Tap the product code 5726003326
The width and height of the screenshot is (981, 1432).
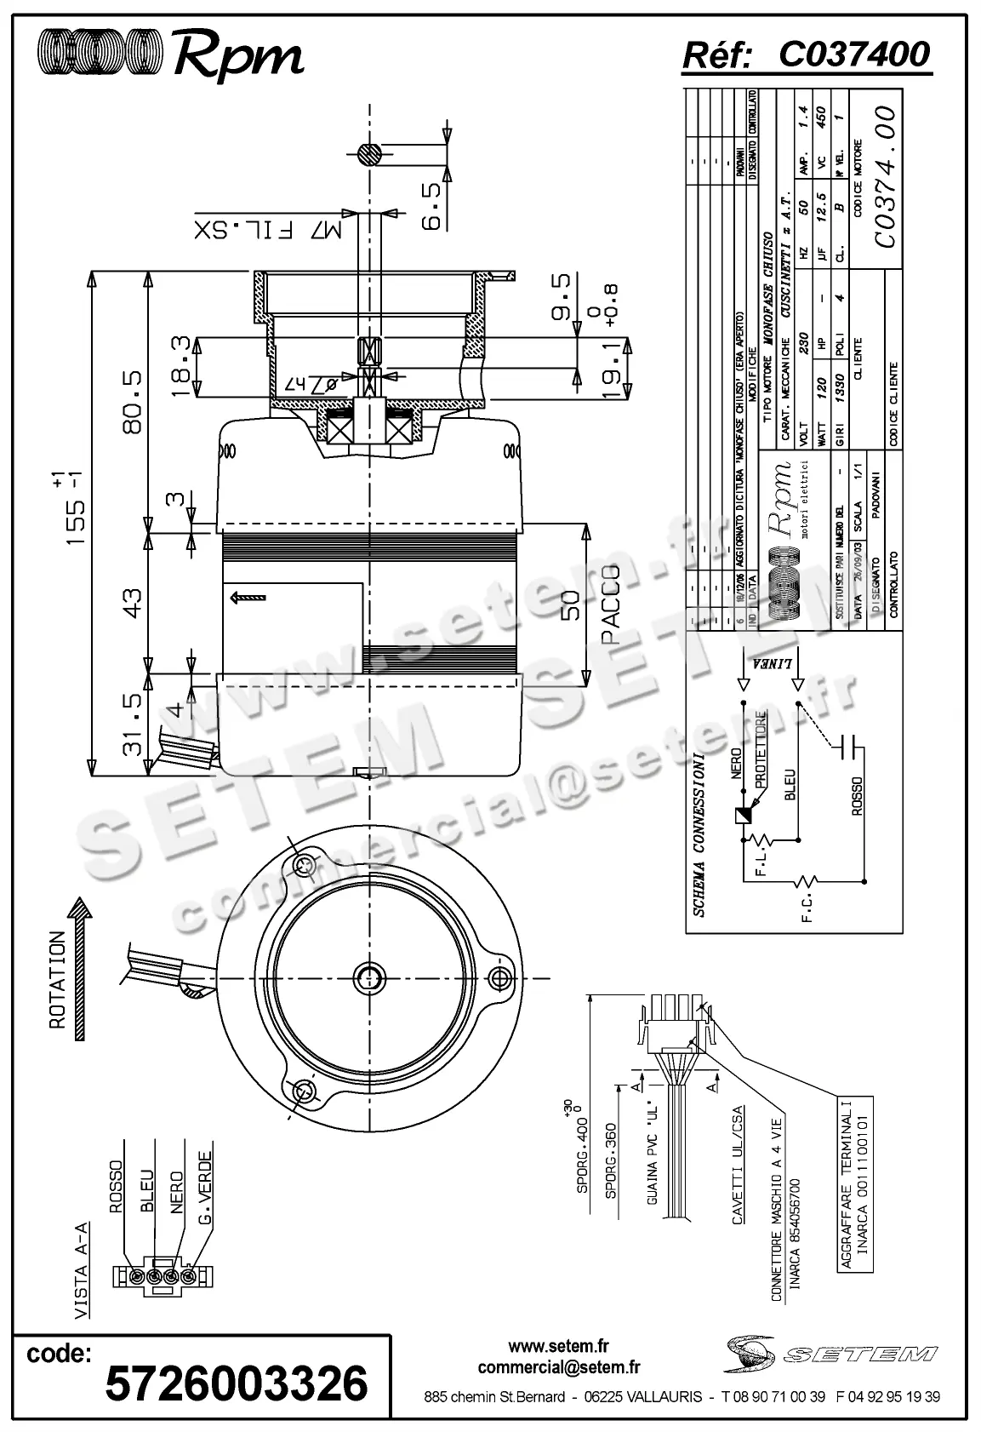[236, 1382]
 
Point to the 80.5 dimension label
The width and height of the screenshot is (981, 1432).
[133, 400]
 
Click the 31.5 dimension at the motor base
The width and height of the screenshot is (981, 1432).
[133, 723]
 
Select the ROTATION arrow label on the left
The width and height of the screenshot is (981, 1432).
[58, 979]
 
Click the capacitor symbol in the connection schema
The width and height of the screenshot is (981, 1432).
[847, 746]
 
